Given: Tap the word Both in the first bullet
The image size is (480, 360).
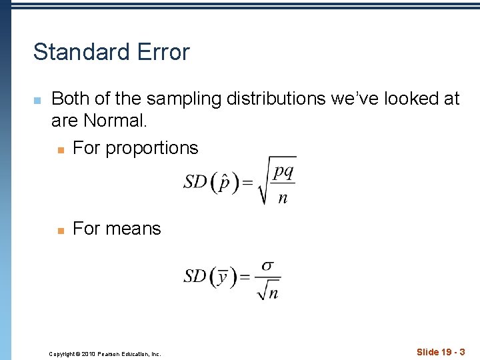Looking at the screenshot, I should click(71, 99).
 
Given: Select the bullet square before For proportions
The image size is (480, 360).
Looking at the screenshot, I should click(60, 149).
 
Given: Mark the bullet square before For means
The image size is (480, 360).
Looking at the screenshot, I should click(60, 230).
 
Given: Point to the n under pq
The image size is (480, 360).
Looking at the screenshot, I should click(283, 197).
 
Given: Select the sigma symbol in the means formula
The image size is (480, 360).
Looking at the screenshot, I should click(267, 265).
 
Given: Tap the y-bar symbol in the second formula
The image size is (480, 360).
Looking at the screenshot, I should click(223, 276).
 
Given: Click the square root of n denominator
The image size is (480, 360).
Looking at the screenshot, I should click(268, 291).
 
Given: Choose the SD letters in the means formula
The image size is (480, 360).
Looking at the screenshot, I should click(195, 276).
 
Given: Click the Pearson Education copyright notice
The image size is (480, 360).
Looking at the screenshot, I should click(105, 354).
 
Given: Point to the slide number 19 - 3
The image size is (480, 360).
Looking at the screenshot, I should click(441, 352).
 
